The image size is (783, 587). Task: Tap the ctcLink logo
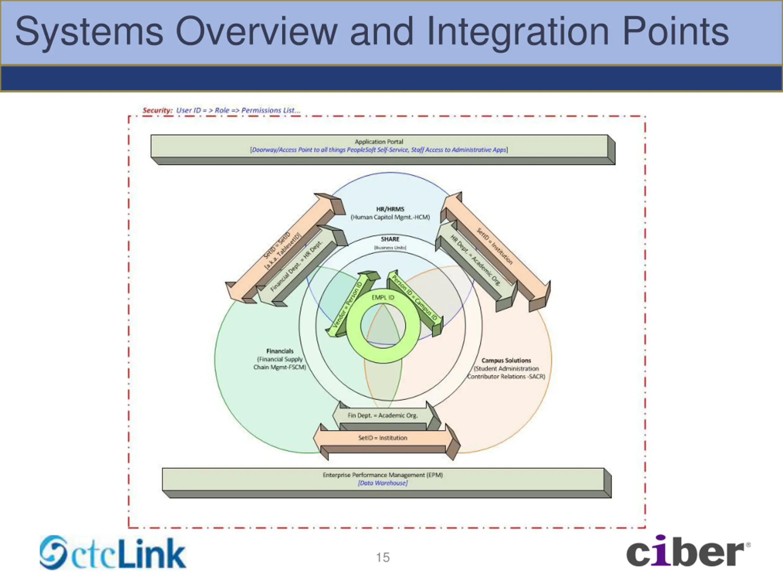[113, 553]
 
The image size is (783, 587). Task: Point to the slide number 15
[383, 558]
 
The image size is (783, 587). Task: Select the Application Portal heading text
[379, 142]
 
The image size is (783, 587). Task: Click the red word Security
[157, 110]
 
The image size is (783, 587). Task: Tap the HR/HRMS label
[390, 209]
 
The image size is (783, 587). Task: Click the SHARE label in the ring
[390, 239]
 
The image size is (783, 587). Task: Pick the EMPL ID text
[383, 297]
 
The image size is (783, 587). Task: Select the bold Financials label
[280, 351]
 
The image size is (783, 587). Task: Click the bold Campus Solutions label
[506, 360]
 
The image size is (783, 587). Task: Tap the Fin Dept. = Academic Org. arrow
[383, 415]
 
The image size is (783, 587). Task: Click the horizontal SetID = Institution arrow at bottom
[383, 438]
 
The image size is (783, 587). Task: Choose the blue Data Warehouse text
[383, 483]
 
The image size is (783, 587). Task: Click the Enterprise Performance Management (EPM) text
[383, 475]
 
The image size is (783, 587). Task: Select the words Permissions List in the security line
[271, 110]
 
